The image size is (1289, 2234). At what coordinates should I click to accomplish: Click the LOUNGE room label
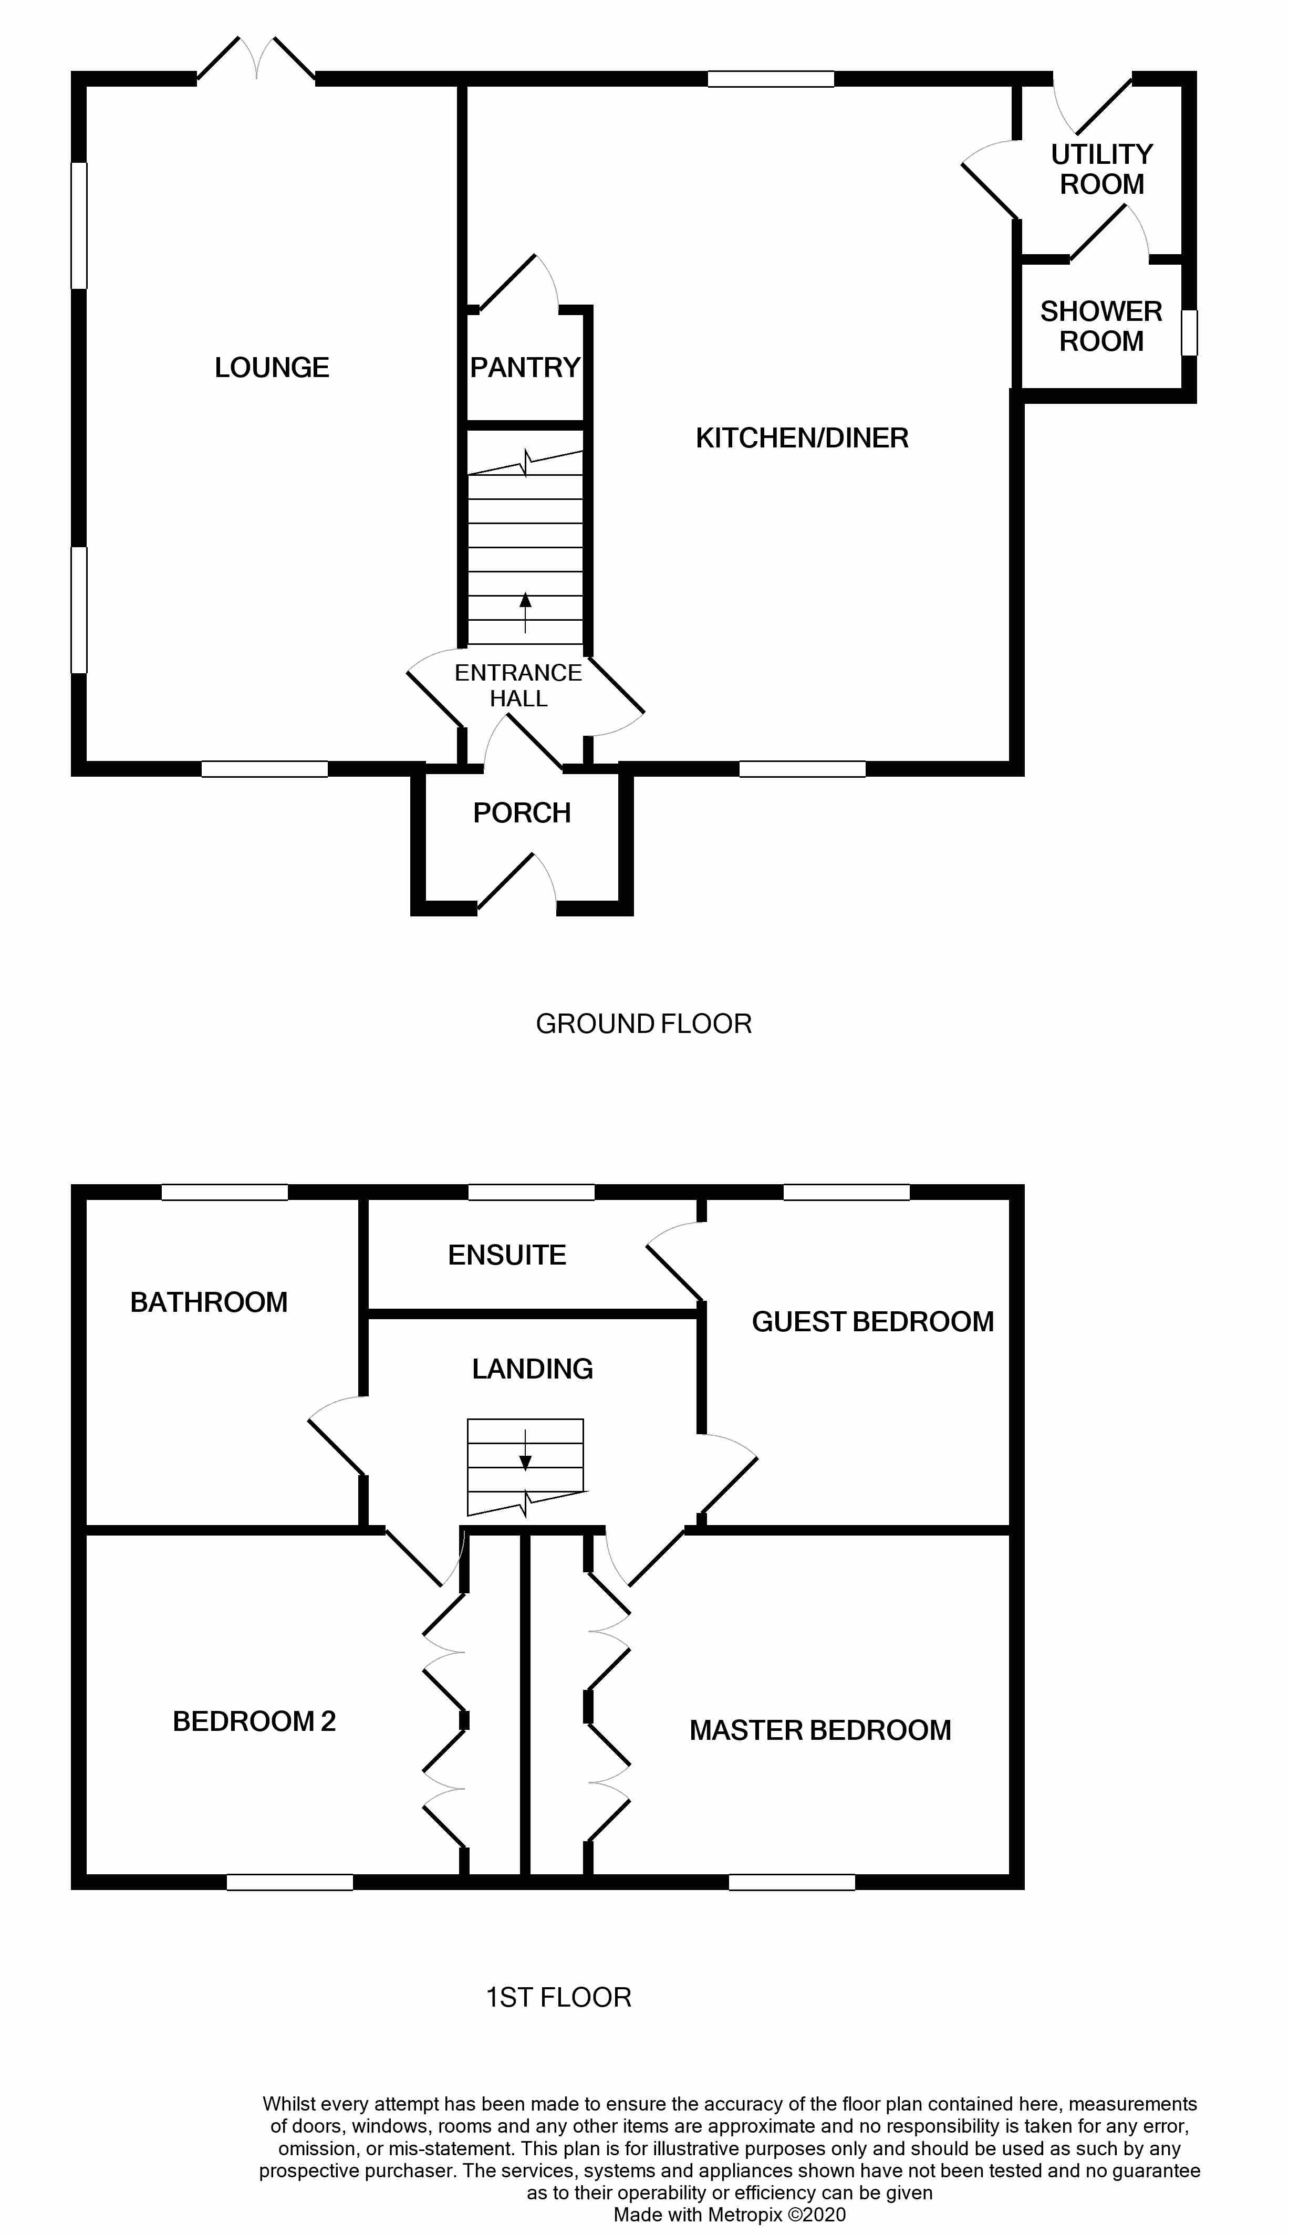click(272, 367)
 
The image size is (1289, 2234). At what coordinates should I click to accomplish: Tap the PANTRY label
click(525, 367)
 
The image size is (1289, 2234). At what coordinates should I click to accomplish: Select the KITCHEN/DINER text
click(802, 438)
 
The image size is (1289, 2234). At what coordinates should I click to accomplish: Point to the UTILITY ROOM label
click(1101, 169)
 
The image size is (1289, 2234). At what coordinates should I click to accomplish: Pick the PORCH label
click(522, 812)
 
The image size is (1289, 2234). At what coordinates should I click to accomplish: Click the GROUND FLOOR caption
click(643, 1024)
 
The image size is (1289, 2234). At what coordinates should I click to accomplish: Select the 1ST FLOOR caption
click(559, 1998)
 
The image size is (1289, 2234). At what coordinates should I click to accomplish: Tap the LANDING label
click(532, 1369)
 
